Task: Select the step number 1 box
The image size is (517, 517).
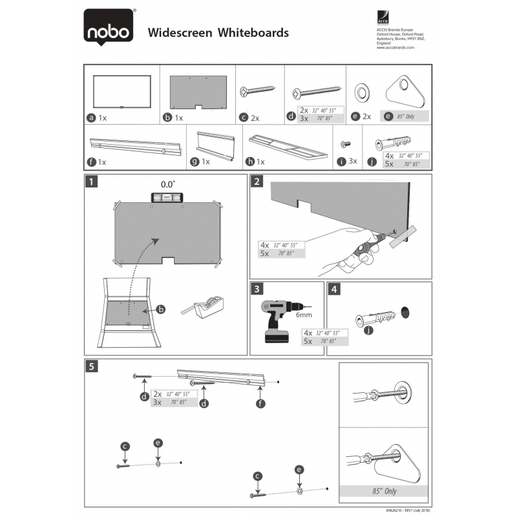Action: click(94, 182)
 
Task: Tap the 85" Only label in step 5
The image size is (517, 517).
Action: click(384, 491)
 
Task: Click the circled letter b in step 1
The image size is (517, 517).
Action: click(161, 310)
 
